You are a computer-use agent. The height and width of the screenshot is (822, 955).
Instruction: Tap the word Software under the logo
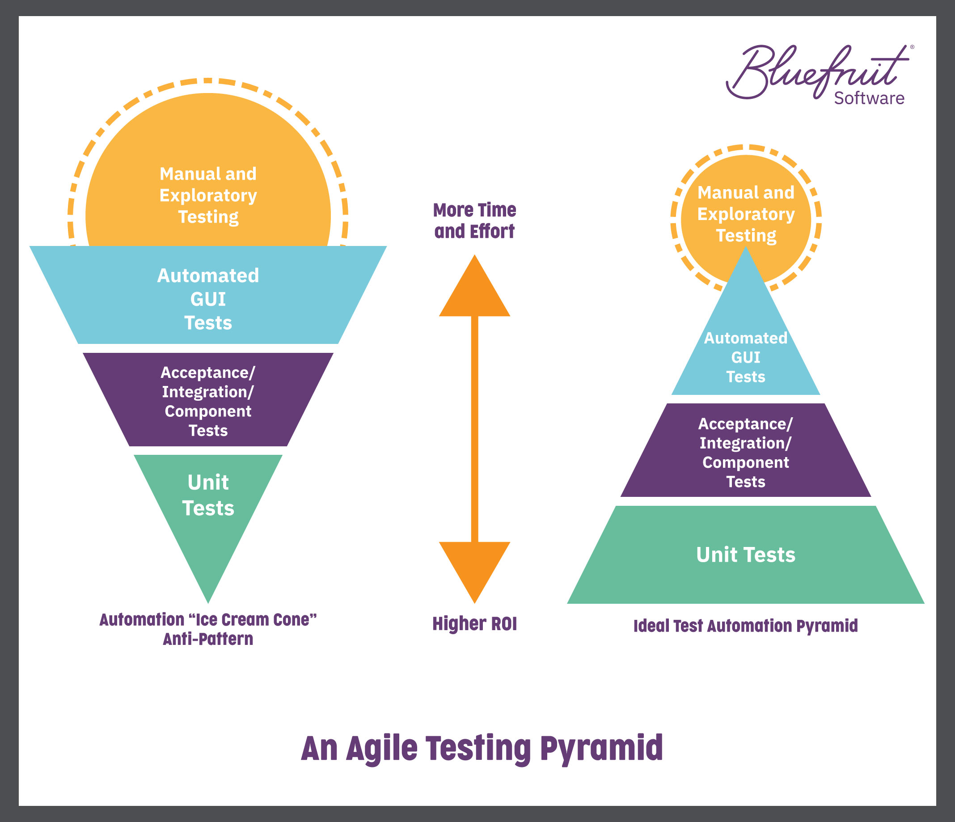pos(869,98)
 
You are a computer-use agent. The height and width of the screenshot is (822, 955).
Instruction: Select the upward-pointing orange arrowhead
pos(474,285)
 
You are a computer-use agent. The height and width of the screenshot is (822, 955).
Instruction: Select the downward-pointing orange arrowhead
pos(474,572)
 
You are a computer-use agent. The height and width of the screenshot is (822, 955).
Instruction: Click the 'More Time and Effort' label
pos(474,220)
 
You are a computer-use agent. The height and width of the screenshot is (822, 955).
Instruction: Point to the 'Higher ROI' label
pos(474,623)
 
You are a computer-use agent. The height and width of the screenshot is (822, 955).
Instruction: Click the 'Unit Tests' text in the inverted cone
pos(208,495)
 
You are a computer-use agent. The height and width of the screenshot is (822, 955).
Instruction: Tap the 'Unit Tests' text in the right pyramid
pos(745,554)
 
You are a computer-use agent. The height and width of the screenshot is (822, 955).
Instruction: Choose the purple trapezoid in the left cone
pos(208,399)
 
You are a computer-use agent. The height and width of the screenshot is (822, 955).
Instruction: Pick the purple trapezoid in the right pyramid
pos(745,450)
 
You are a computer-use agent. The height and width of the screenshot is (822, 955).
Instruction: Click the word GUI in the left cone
pos(208,299)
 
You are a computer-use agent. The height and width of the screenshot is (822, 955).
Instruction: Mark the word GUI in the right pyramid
pos(745,357)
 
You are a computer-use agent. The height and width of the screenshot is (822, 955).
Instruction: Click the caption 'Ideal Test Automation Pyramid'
pos(745,626)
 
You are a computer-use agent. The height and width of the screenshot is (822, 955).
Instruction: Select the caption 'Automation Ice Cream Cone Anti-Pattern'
pos(208,629)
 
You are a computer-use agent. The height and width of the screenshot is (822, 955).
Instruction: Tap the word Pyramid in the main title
pos(601,748)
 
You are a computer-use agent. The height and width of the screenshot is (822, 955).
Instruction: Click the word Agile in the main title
pos(381,748)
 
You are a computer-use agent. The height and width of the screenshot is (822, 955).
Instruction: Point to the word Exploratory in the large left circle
pos(208,195)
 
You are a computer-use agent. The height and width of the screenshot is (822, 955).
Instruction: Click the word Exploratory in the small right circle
pos(746,214)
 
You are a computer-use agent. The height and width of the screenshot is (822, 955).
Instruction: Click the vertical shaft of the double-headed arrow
pos(474,429)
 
